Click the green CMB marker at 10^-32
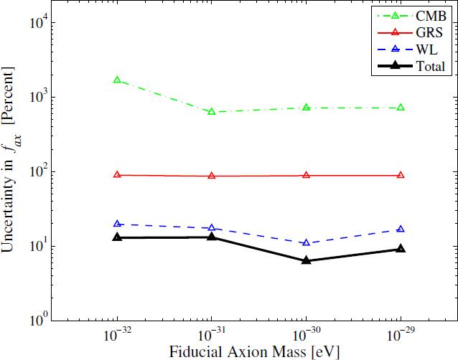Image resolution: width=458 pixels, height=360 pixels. [x=117, y=80]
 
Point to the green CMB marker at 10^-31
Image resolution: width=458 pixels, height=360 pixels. [x=212, y=111]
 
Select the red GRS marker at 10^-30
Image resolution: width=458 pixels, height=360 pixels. [x=307, y=175]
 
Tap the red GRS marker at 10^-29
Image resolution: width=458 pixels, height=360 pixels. [x=401, y=175]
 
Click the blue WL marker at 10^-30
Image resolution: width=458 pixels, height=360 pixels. [x=307, y=243]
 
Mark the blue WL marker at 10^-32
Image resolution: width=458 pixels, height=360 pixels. [x=117, y=224]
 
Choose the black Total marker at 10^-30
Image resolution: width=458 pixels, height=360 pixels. [x=307, y=260]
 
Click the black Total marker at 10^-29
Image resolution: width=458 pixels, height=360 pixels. [x=401, y=249]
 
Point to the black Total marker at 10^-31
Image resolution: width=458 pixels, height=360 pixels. [x=212, y=236]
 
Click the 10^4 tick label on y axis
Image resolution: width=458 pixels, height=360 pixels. [x=37, y=22]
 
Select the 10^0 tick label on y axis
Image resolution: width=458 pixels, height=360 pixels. [x=37, y=320]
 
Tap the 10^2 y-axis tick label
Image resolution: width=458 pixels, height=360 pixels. [x=37, y=171]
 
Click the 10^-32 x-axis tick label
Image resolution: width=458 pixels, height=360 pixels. [x=117, y=336]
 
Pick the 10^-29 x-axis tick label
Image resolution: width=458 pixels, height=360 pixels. [x=401, y=336]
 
